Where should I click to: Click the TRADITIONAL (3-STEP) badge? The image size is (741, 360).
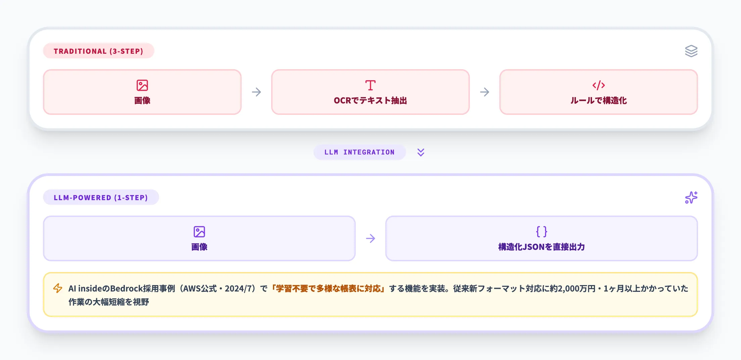coord(98,51)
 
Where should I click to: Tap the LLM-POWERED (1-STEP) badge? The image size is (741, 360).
coord(101,197)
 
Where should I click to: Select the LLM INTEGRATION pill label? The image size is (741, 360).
coord(359,152)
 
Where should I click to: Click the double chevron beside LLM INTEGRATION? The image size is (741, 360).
coord(421,152)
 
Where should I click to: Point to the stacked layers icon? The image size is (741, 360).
coord(691,51)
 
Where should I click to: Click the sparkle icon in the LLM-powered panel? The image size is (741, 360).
coord(691,197)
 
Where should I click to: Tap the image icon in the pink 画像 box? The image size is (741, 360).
coord(142,85)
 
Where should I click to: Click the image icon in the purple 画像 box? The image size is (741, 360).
coord(199,232)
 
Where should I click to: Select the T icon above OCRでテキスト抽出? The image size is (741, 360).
coord(370,85)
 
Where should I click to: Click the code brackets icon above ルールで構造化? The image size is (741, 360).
coord(598,85)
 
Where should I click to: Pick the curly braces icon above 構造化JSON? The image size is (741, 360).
coord(541,232)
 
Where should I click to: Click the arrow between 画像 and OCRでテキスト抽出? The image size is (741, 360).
coord(256,92)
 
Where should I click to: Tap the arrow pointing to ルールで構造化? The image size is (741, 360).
coord(485,92)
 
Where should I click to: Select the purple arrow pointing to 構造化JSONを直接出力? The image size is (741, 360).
coord(370,238)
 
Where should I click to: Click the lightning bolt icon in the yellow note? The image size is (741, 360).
coord(58,288)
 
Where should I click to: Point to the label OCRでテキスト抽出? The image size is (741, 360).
coord(370,100)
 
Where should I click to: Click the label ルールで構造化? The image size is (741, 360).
coord(598,100)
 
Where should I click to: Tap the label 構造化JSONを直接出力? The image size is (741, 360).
coord(541,247)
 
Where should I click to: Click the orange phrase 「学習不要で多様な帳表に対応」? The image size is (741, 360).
coord(328,288)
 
